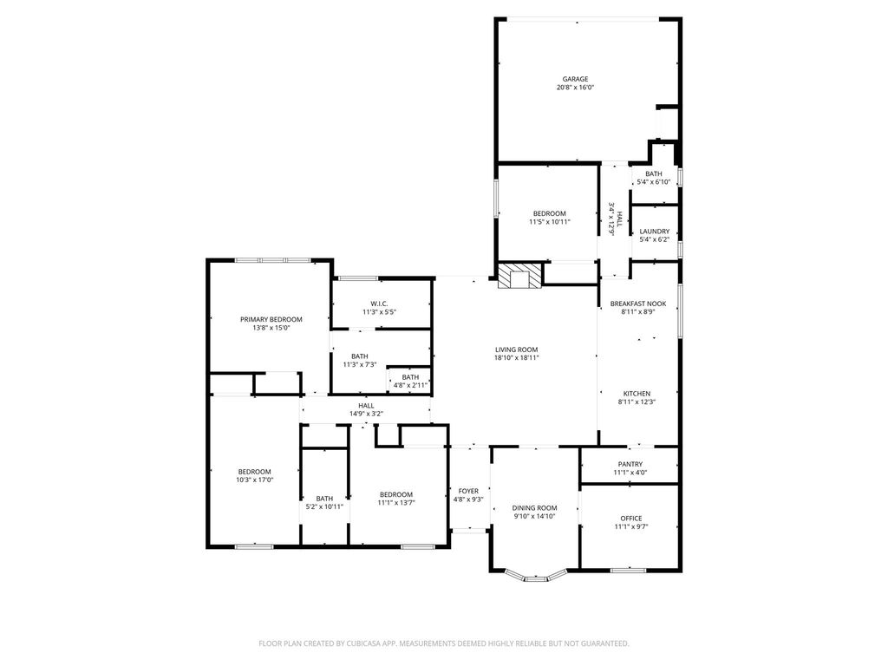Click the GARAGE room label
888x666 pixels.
(x=575, y=79)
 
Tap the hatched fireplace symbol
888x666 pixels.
(x=519, y=276)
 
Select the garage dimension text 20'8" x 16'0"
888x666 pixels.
(x=575, y=88)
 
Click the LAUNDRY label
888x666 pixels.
(x=654, y=232)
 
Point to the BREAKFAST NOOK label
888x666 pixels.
(x=637, y=304)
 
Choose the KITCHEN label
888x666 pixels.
(x=637, y=394)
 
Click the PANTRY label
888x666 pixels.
(x=630, y=465)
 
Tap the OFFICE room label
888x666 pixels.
(x=631, y=519)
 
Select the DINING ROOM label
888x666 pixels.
(x=534, y=508)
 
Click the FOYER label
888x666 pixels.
(x=468, y=491)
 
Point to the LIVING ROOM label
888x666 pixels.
(x=517, y=350)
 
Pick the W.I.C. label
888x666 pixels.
(x=379, y=304)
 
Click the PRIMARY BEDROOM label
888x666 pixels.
(x=271, y=319)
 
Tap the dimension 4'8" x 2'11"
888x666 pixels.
(x=410, y=386)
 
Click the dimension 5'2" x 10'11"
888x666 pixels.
(x=324, y=506)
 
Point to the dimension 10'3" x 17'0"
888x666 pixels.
(x=255, y=480)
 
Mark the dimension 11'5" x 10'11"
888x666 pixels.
(x=549, y=222)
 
